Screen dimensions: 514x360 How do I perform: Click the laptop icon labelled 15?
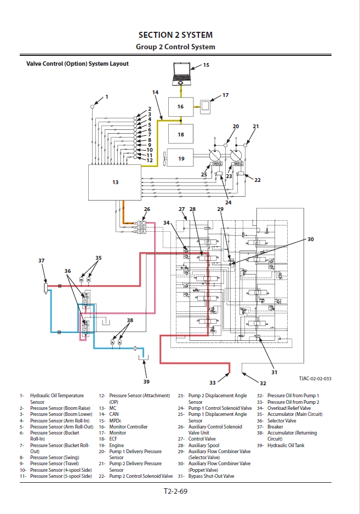click(x=182, y=73)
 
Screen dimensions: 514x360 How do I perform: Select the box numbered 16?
click(x=180, y=106)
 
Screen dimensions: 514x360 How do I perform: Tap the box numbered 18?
click(x=180, y=134)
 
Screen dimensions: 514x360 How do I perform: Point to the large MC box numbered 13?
click(x=115, y=182)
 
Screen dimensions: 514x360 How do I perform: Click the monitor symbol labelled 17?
click(x=207, y=106)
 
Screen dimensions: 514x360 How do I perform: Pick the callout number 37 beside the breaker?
click(x=41, y=261)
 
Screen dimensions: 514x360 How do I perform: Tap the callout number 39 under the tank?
click(x=146, y=381)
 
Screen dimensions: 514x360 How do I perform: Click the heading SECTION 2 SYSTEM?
click(x=175, y=35)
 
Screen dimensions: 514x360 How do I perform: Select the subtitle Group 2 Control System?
click(x=175, y=47)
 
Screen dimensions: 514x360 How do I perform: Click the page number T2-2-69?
click(x=175, y=492)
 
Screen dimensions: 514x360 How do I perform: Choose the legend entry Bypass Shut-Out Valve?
click(x=213, y=476)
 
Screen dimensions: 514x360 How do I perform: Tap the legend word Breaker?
click(x=275, y=427)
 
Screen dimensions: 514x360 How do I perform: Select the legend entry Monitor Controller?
click(x=128, y=427)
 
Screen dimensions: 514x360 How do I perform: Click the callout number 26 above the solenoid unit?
click(x=146, y=209)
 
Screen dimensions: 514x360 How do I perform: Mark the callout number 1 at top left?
click(x=106, y=96)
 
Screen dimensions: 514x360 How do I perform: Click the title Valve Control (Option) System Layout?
click(x=77, y=64)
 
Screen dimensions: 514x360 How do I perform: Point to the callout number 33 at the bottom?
click(x=213, y=382)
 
